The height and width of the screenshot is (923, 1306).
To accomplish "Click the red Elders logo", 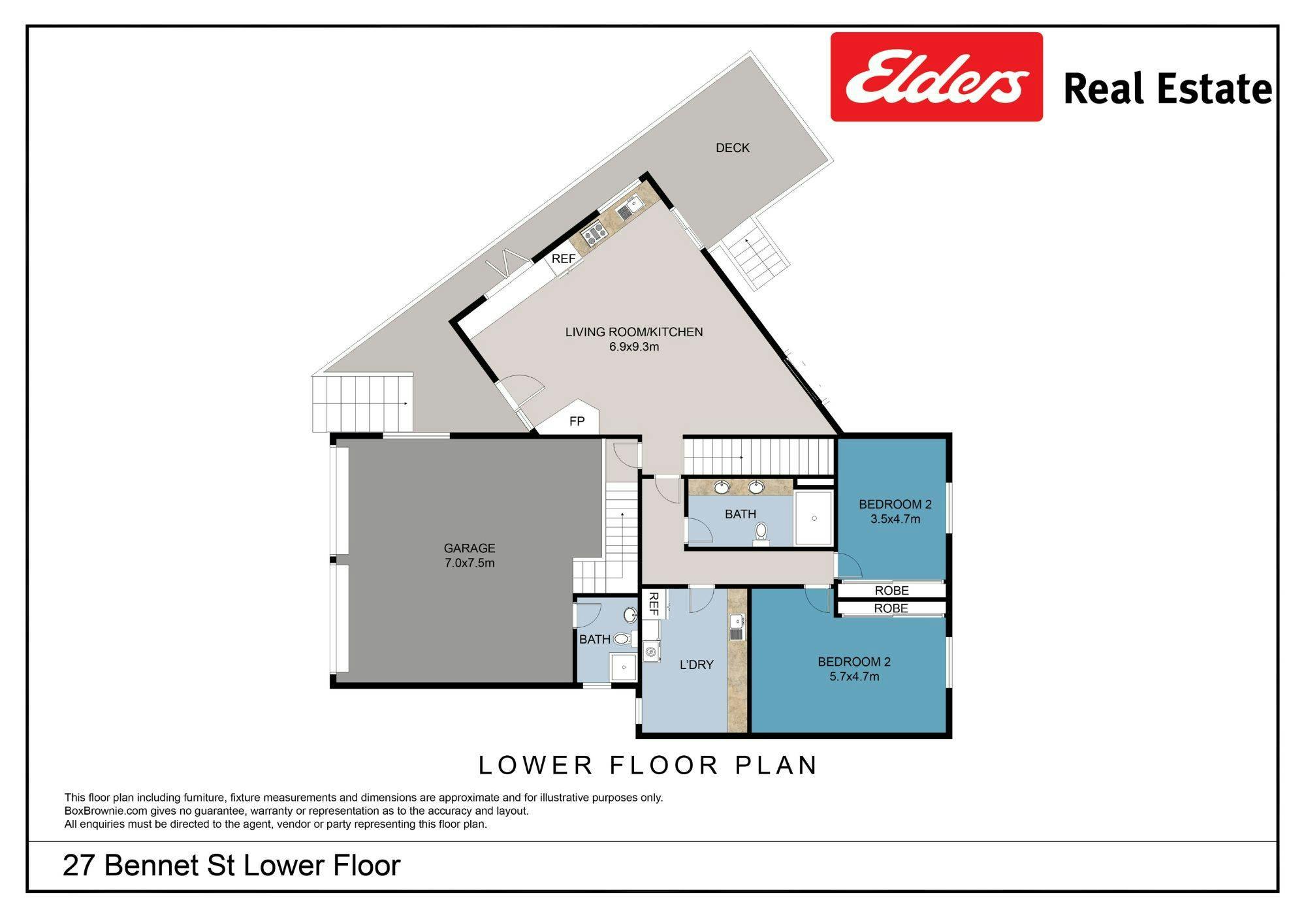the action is (936, 77).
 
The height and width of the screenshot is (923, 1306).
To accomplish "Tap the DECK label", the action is (733, 148).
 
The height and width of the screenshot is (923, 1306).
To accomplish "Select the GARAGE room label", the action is (470, 548).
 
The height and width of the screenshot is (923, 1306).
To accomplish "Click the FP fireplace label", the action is (577, 422).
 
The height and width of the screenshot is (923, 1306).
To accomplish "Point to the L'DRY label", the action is (697, 665).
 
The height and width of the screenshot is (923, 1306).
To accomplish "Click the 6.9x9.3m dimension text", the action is (634, 347).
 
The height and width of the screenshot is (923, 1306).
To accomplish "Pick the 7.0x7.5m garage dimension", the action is (470, 563).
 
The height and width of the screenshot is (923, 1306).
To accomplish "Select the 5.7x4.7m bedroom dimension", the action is (854, 677).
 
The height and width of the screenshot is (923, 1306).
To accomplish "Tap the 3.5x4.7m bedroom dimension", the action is (895, 520).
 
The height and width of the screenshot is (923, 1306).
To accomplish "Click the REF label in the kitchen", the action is (564, 259).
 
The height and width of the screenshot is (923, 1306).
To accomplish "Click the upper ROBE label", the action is (892, 591).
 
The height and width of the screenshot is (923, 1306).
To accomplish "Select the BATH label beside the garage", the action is (595, 640).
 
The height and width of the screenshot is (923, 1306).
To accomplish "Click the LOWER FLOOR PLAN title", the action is (648, 765).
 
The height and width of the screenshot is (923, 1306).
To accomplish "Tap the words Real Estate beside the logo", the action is (1168, 89).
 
